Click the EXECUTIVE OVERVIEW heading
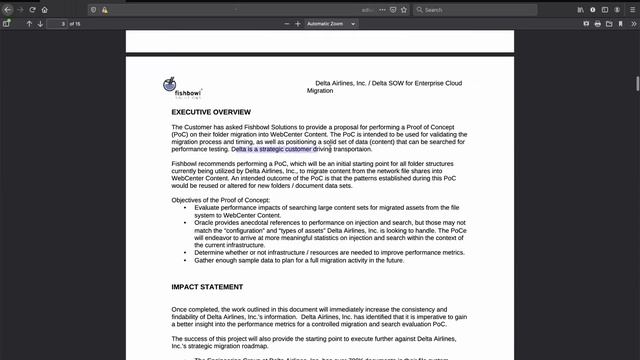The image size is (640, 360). tap(211, 112)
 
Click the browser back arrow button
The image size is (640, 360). tap(7, 9)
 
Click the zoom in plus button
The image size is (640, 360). tap(297, 23)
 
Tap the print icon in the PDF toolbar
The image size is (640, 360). tap(597, 23)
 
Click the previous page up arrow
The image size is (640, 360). tap(29, 23)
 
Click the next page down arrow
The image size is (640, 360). tap(40, 23)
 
